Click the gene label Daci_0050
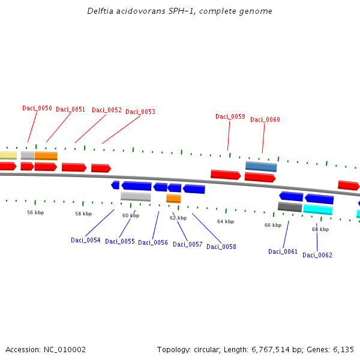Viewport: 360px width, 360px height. point(37,108)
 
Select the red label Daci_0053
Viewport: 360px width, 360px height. point(140,112)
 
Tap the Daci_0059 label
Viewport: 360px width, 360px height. point(230,116)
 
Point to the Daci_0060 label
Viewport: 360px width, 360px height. point(265,119)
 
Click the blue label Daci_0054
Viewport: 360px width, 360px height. point(86,240)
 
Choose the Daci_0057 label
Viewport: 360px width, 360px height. point(188,244)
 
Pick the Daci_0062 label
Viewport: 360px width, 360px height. point(317,255)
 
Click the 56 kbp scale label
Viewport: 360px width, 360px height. point(35,212)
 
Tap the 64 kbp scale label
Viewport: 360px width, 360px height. point(226,221)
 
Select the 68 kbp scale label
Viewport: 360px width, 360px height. point(320,229)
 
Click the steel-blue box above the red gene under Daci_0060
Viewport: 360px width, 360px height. point(261,166)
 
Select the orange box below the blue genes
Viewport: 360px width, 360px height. point(173,198)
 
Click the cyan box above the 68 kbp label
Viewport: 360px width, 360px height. point(318,209)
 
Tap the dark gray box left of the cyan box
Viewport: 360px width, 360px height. point(290,206)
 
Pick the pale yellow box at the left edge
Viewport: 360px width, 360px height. point(7,155)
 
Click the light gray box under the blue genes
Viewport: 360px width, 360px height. point(136,196)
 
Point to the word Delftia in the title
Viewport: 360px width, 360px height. point(98,11)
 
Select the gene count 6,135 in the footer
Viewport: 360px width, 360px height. point(343,349)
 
